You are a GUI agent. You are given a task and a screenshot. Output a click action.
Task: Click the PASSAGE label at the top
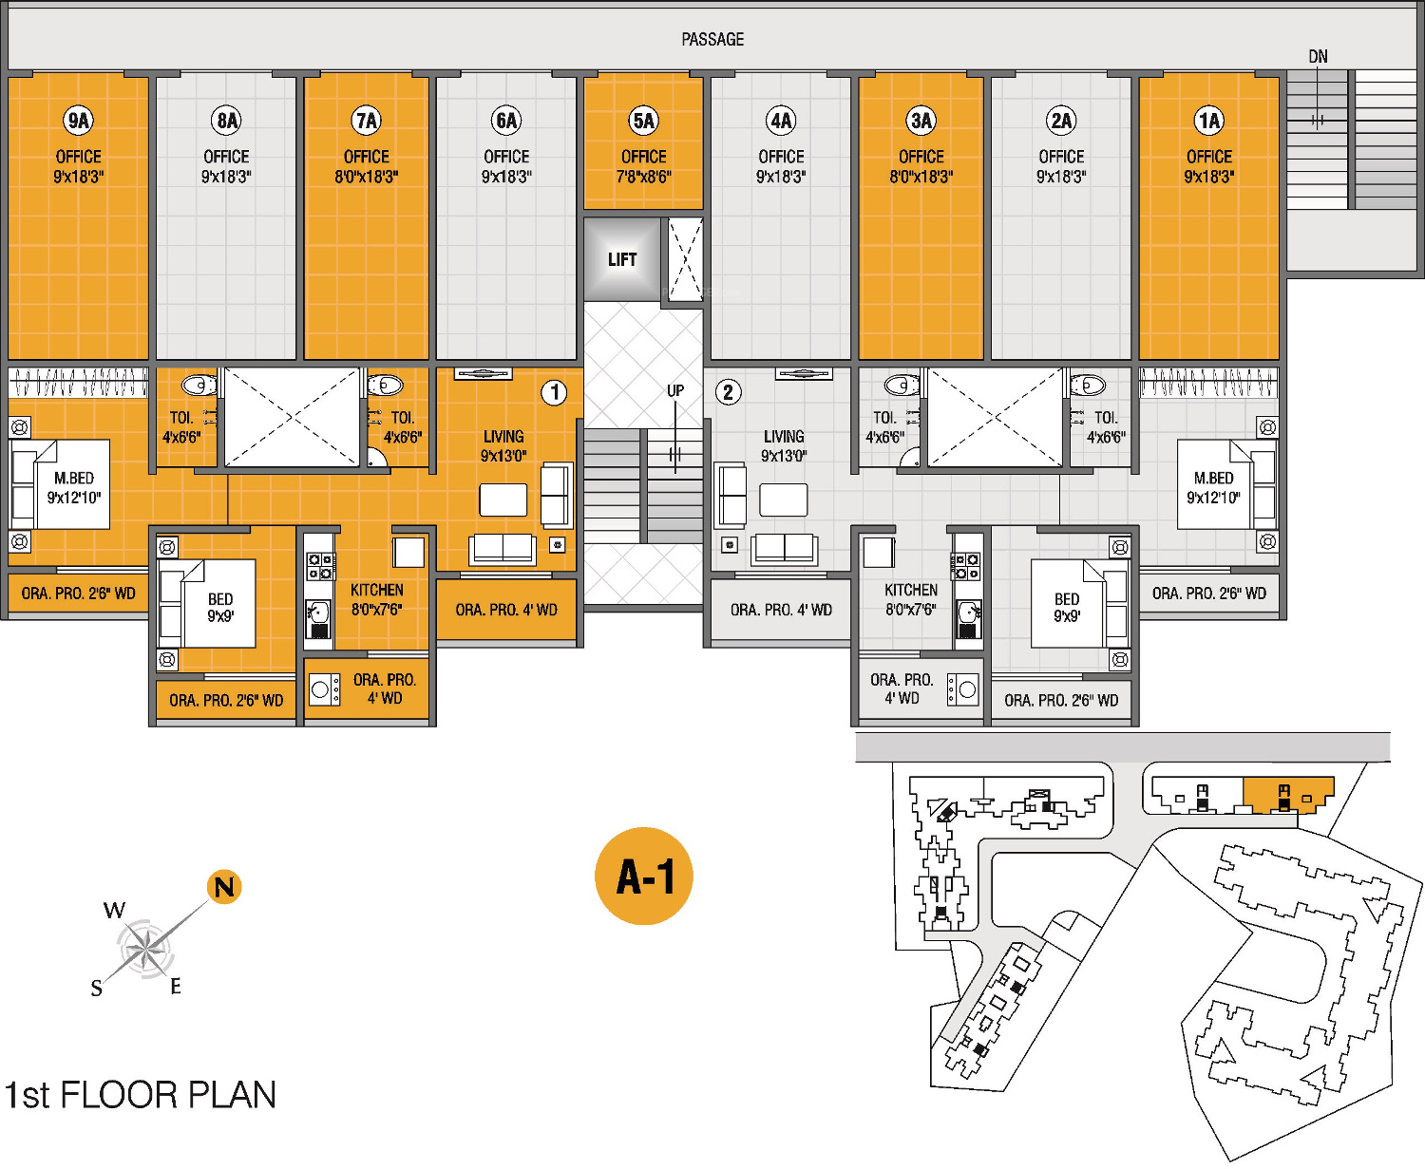pyautogui.click(x=712, y=40)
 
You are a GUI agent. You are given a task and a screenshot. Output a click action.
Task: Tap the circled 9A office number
pyautogui.click(x=79, y=121)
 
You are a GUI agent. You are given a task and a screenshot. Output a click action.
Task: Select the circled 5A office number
pyautogui.click(x=643, y=121)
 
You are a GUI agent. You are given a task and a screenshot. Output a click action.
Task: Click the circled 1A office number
pyautogui.click(x=1208, y=121)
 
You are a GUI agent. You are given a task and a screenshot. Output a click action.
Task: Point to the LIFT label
pyautogui.click(x=622, y=259)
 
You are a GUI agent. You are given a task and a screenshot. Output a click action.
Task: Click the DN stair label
pyautogui.click(x=1318, y=57)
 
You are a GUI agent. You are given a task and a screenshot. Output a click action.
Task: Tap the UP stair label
pyautogui.click(x=674, y=390)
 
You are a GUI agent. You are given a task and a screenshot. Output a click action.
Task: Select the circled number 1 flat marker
pyautogui.click(x=554, y=392)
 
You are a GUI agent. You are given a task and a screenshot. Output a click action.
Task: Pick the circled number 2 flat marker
pyautogui.click(x=728, y=392)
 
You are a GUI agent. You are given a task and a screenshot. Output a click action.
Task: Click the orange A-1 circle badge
pyautogui.click(x=644, y=876)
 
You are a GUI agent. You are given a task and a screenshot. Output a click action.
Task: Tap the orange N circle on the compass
pyautogui.click(x=224, y=887)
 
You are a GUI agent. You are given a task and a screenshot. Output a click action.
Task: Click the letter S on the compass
pyautogui.click(x=96, y=990)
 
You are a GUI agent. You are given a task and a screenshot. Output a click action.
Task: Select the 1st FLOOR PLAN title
pyautogui.click(x=141, y=1095)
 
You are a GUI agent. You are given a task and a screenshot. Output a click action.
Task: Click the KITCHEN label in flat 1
pyautogui.click(x=377, y=590)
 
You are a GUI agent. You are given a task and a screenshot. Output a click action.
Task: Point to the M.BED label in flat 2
pyautogui.click(x=1213, y=479)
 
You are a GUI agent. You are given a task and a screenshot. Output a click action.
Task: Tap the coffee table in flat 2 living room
pyautogui.click(x=784, y=500)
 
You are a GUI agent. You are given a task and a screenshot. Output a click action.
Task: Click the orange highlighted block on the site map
pyautogui.click(x=1287, y=793)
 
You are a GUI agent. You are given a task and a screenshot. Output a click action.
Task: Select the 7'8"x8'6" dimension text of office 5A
pyautogui.click(x=643, y=177)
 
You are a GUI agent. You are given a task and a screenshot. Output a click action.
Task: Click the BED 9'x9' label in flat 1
pyautogui.click(x=220, y=607)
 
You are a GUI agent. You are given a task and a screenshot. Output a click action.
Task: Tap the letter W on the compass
pyautogui.click(x=114, y=911)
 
